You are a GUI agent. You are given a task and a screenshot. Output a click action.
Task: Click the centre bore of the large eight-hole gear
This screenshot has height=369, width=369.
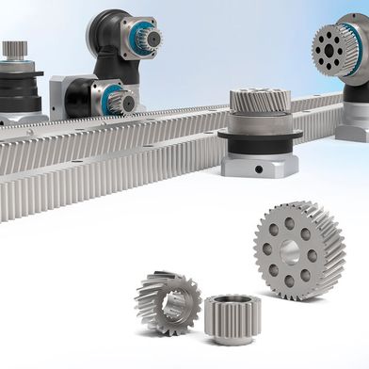(x=289, y=251)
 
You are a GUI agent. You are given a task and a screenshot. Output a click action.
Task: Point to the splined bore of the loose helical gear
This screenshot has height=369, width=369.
(x=171, y=301)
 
